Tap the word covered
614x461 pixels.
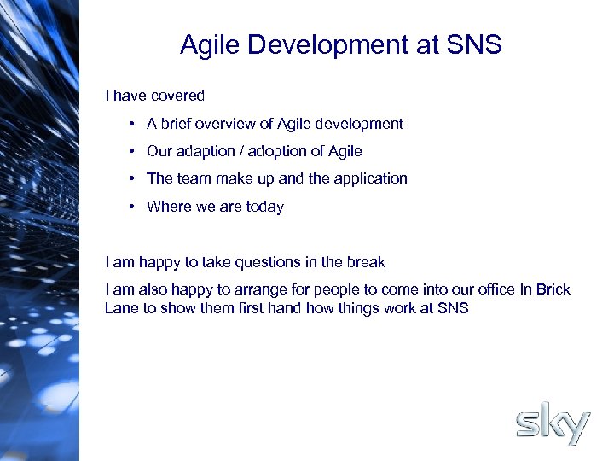click(x=178, y=96)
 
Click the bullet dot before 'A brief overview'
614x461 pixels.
click(x=135, y=125)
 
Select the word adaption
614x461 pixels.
click(x=206, y=151)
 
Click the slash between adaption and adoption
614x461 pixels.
click(x=242, y=151)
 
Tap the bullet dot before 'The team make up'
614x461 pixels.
click(x=135, y=179)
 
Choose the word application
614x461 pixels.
click(x=370, y=178)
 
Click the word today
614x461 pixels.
click(x=264, y=207)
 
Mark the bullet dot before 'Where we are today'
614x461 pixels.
click(x=135, y=207)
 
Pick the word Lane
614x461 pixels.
click(x=121, y=308)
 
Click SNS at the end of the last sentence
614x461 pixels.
click(x=452, y=308)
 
